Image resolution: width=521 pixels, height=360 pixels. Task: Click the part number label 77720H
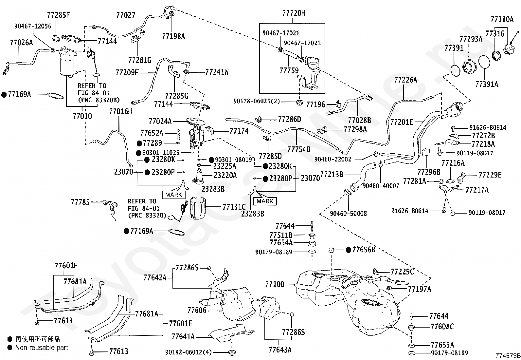click(x=294, y=13)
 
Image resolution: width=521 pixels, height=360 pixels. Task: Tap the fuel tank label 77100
click(x=275, y=284)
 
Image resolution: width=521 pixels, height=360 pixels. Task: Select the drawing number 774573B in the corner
click(x=508, y=356)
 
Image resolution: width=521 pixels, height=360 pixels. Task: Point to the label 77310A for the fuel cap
click(x=502, y=19)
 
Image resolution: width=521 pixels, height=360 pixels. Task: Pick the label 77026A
click(x=21, y=43)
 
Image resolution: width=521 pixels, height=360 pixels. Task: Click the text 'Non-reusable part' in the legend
click(x=42, y=348)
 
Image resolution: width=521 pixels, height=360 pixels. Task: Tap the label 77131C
click(x=234, y=207)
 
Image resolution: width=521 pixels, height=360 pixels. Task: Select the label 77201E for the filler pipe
click(x=402, y=122)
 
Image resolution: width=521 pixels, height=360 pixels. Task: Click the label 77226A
click(x=405, y=80)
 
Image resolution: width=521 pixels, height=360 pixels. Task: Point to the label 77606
click(x=197, y=311)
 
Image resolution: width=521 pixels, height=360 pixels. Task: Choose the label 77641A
click(x=183, y=337)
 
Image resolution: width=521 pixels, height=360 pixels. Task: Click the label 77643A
click(x=280, y=350)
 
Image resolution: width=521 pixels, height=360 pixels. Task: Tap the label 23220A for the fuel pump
click(x=225, y=175)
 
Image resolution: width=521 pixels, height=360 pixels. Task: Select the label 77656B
click(x=364, y=250)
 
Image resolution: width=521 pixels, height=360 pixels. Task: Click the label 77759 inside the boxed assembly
click(x=289, y=70)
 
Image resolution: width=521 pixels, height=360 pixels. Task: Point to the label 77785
click(x=80, y=202)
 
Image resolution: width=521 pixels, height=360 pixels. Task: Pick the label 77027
click(x=126, y=15)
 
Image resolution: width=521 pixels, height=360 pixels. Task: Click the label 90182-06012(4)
click(x=189, y=352)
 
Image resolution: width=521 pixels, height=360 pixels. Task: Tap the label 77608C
click(x=442, y=327)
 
